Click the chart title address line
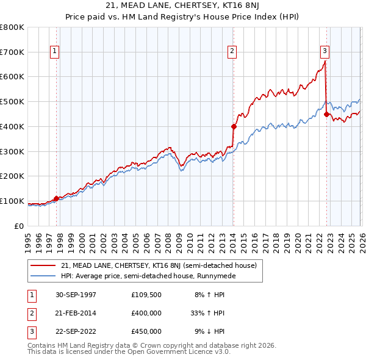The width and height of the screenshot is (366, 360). click(x=182, y=6)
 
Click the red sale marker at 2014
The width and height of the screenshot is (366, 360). click(x=234, y=126)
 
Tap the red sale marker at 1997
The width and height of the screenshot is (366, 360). click(x=57, y=198)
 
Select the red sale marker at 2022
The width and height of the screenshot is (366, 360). click(x=326, y=114)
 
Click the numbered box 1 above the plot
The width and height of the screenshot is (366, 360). click(x=56, y=52)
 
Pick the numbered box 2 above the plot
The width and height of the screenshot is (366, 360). click(x=232, y=52)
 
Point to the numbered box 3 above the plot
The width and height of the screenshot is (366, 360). click(x=325, y=52)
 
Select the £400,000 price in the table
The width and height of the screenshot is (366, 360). click(x=146, y=313)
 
